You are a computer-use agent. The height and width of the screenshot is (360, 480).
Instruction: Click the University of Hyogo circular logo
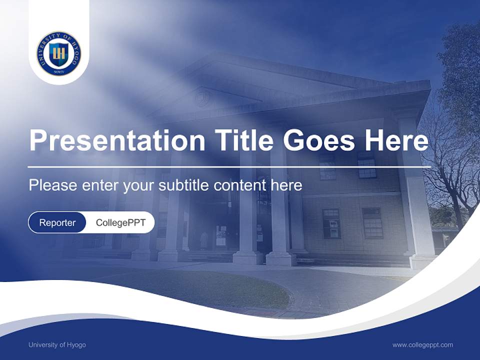click(59, 53)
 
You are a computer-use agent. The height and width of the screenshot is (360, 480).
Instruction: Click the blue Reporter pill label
click(57, 222)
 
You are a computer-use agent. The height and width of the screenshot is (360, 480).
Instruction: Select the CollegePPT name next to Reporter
click(120, 222)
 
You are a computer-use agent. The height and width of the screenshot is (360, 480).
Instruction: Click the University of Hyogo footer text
click(57, 345)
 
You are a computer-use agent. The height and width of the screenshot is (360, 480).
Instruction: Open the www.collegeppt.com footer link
click(422, 345)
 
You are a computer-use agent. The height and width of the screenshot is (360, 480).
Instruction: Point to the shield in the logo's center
click(59, 53)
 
